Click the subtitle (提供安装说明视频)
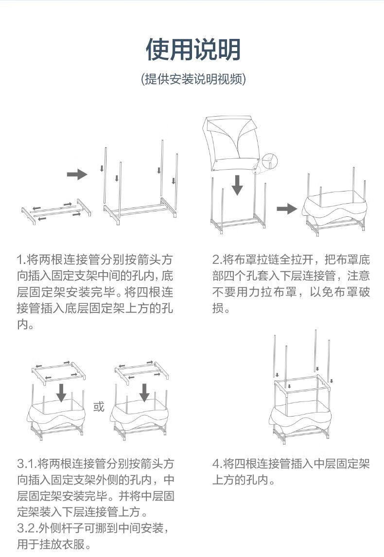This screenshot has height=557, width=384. tap(193, 79)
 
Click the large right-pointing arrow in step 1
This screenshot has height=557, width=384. tap(76, 174)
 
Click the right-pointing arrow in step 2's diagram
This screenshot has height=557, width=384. tap(286, 209)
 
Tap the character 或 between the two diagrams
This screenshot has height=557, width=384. tap(99, 406)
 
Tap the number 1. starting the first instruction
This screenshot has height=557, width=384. tap(21, 258)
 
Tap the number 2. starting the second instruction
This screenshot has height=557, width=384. tap(217, 258)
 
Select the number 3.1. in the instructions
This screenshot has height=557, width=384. tap(27, 463)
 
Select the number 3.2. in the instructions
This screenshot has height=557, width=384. tap(27, 528)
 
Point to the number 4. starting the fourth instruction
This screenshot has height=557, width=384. tap(217, 463)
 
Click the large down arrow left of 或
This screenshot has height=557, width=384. tap(61, 391)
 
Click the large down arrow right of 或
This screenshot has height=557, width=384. tap(144, 391)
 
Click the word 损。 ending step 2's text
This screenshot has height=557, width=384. tap(221, 308)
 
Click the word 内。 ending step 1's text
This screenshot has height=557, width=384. tap(25, 324)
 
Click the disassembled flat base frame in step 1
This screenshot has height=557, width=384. tap(56, 211)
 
